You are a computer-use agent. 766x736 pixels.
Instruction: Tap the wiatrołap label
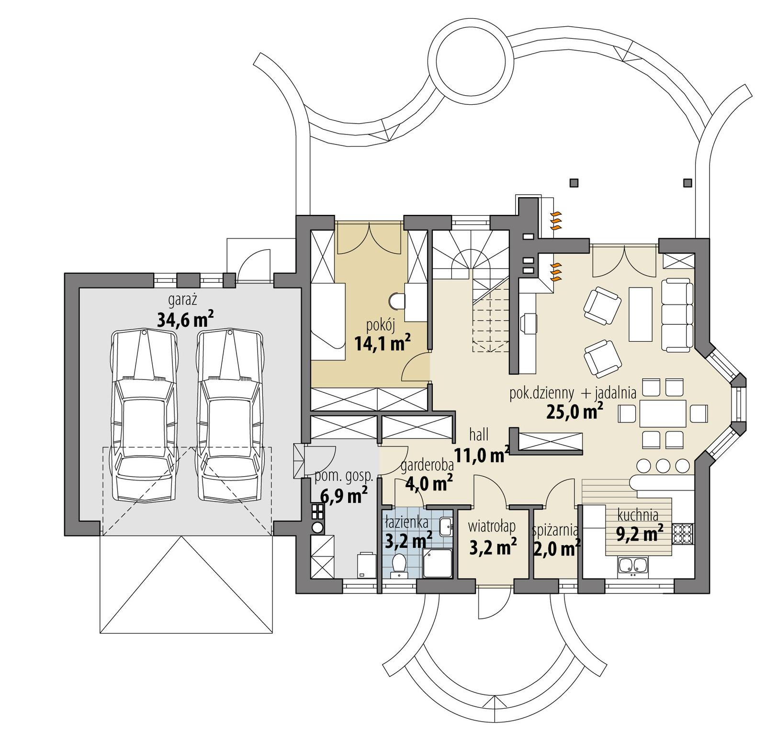click(492, 526)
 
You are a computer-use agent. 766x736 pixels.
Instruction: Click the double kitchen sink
click(632, 566)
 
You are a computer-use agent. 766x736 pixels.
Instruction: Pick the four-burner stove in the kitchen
click(682, 534)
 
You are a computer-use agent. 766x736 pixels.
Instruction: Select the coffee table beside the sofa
click(641, 313)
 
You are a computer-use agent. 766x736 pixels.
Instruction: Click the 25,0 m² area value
click(574, 411)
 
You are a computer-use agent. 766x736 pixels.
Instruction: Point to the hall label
click(479, 435)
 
